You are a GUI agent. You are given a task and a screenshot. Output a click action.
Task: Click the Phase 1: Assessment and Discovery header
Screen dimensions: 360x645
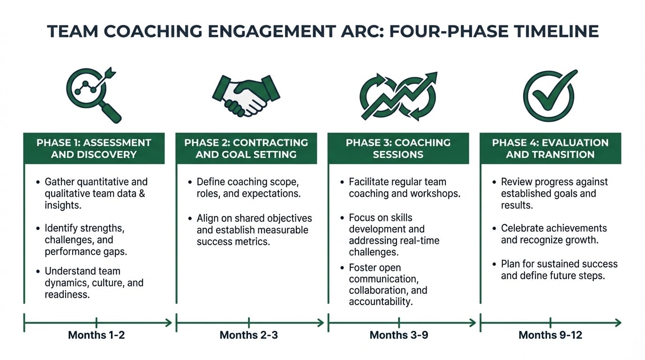94,148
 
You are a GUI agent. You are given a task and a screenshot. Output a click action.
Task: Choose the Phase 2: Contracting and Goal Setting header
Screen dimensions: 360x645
246,148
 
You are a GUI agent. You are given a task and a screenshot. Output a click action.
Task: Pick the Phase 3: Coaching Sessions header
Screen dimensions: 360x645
398,148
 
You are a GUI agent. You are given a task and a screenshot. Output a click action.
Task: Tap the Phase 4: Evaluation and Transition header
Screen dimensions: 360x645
550,148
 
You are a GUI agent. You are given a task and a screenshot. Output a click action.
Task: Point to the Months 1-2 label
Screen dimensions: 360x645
97,335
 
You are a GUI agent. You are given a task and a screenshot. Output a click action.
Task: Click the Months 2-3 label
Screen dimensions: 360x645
248,335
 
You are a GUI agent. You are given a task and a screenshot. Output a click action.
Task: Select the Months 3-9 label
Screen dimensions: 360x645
399,335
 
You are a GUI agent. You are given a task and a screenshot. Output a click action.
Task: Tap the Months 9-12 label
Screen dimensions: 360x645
550,335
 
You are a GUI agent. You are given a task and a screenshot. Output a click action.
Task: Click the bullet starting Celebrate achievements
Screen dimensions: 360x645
553,234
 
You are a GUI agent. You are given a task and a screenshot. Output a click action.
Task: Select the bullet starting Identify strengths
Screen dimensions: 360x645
87,240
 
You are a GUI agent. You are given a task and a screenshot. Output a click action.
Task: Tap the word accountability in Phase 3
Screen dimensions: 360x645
380,301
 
